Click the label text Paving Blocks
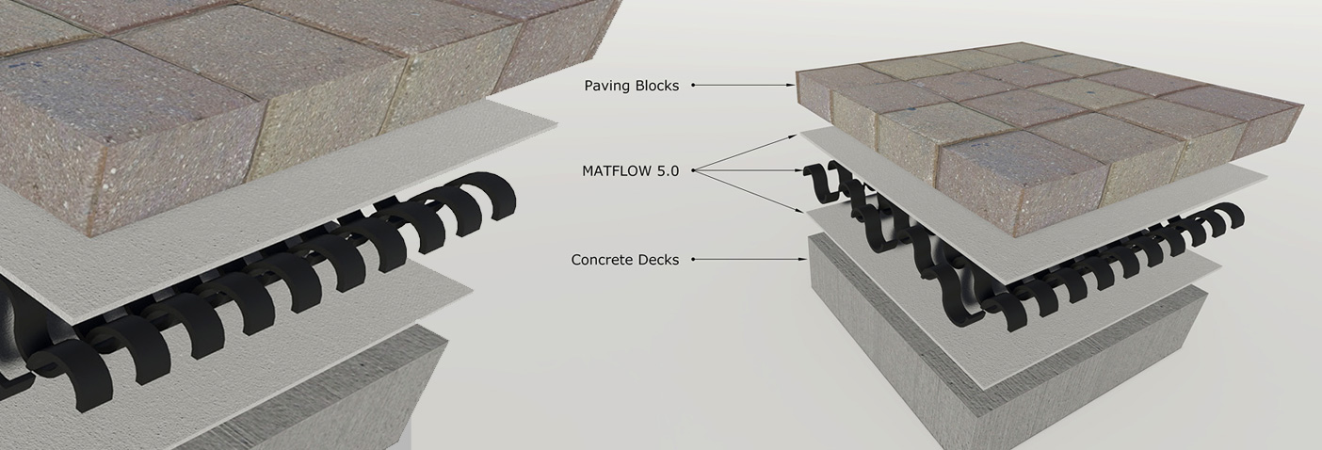click(x=631, y=86)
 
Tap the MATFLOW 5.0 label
click(x=630, y=171)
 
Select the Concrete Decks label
click(x=624, y=260)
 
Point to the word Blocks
click(x=656, y=86)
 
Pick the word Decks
click(x=658, y=260)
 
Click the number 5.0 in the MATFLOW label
click(x=666, y=171)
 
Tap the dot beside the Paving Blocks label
click(x=693, y=85)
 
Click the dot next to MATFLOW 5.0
click(x=693, y=170)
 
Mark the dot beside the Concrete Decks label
click(x=693, y=259)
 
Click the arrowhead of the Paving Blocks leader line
click(x=793, y=85)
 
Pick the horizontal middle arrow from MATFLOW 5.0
click(x=802, y=171)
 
